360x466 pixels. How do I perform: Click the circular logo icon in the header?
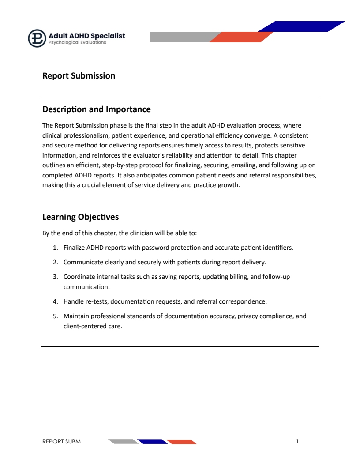click(37, 38)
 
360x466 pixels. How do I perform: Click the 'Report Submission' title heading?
click(79, 76)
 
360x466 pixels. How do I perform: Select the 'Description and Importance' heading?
click(96, 109)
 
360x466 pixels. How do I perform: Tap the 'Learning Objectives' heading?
click(80, 217)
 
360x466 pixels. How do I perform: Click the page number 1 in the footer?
click(297, 441)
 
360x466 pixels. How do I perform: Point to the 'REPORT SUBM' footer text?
click(61, 441)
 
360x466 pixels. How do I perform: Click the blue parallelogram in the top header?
click(301, 26)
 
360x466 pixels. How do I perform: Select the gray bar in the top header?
click(181, 37)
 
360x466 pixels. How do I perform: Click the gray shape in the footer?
click(123, 441)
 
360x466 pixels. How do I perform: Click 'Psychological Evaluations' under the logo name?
click(77, 43)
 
